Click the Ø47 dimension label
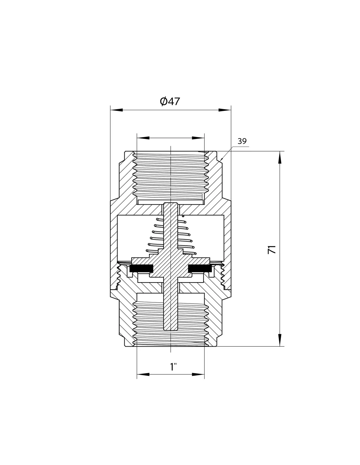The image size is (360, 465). click(x=170, y=101)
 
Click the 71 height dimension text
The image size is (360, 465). click(x=272, y=250)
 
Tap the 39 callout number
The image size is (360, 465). click(x=242, y=141)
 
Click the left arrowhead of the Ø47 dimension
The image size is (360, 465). click(x=117, y=110)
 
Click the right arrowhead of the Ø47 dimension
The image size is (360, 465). click(x=225, y=110)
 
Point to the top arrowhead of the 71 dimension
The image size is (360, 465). click(x=280, y=157)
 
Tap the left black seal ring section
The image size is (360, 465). click(x=141, y=268)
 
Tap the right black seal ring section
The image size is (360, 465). click(x=200, y=268)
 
